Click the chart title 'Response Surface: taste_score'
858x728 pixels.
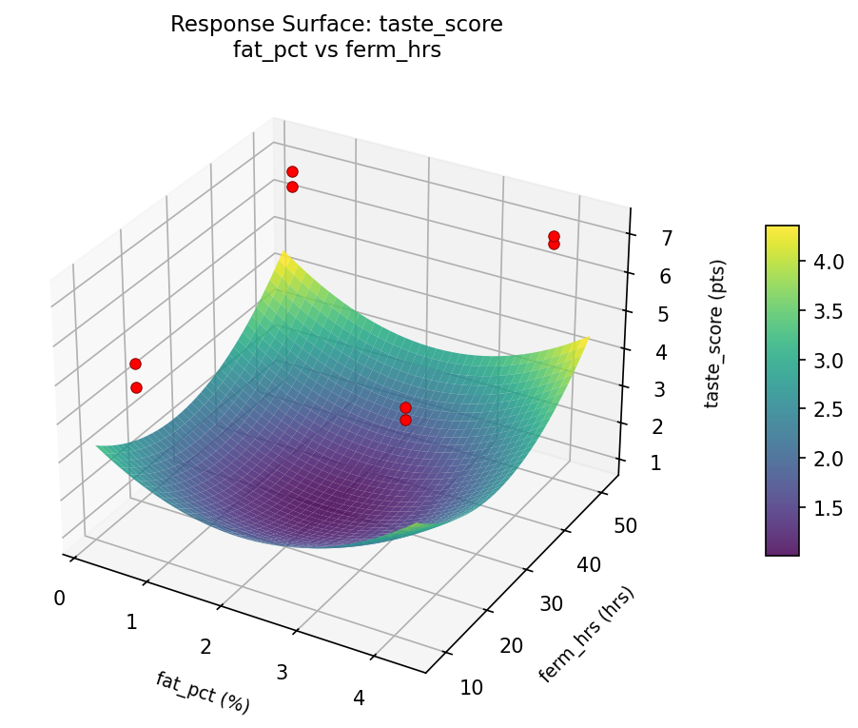tap(336, 25)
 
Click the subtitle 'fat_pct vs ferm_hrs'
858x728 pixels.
tap(336, 50)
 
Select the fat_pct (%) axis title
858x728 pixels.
tap(203, 692)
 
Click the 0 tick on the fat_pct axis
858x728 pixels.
tap(60, 598)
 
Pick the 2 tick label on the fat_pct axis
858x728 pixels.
tap(205, 647)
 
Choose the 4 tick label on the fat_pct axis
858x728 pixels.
tap(359, 698)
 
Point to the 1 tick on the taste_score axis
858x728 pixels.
tap(654, 463)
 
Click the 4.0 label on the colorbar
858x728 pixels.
tap(824, 262)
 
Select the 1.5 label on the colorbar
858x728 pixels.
tap(824, 508)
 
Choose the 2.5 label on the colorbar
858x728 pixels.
tap(824, 410)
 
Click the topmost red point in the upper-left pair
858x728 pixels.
tap(292, 171)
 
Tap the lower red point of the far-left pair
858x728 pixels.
tap(136, 387)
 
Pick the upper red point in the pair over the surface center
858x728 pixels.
tap(405, 407)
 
